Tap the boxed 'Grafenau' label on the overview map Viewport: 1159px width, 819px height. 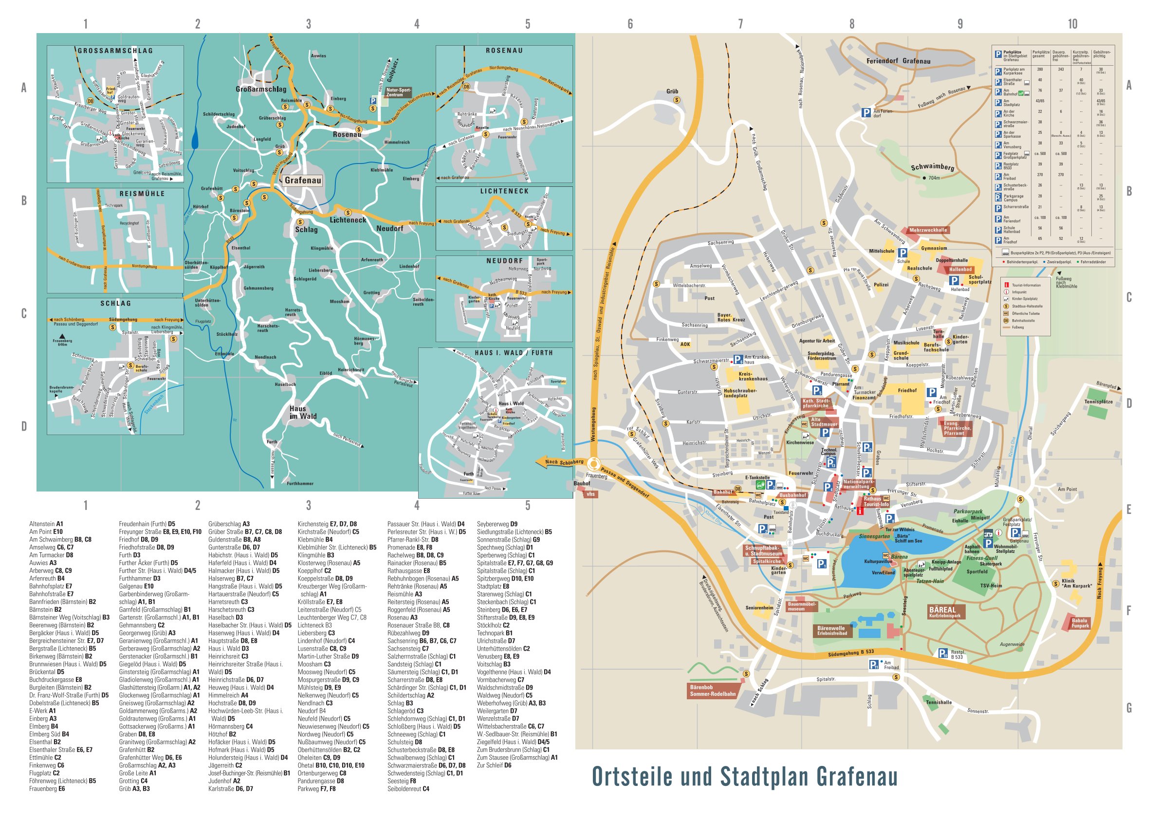coord(302,180)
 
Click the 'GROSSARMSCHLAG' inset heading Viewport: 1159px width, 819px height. coord(115,51)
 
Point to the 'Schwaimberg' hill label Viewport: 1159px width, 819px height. coord(932,167)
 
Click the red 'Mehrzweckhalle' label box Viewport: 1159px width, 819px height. coord(928,230)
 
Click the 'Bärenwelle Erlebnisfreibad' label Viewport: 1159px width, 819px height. coord(832,630)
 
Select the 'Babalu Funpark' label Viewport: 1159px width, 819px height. coord(1080,623)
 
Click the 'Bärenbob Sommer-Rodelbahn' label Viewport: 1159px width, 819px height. coord(712,691)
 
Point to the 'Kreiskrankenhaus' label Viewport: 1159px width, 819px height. coord(753,377)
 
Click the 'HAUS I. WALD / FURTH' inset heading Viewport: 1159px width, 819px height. coord(513,353)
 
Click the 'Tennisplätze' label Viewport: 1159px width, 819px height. coord(1099,401)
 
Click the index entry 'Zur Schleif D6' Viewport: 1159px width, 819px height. coord(494,765)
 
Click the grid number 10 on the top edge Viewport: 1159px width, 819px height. coord(1072,24)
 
